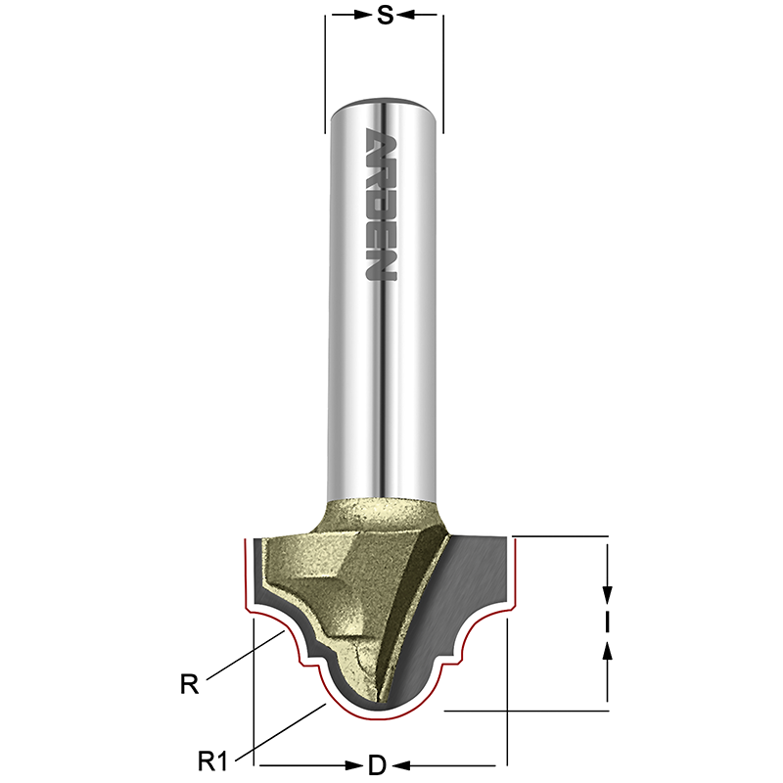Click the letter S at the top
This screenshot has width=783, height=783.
pyautogui.click(x=385, y=15)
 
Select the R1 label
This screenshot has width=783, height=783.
pyautogui.click(x=212, y=759)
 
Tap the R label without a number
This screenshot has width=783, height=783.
pyautogui.click(x=189, y=684)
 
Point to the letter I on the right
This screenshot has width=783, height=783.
pyautogui.click(x=608, y=622)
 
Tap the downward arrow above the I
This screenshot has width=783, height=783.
pyautogui.click(x=608, y=593)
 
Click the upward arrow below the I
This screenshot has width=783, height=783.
pyautogui.click(x=608, y=651)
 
